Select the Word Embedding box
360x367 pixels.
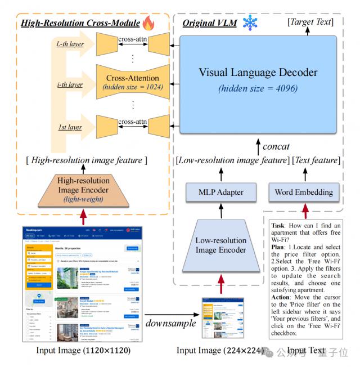click(x=303, y=193)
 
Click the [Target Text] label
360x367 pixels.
click(x=310, y=22)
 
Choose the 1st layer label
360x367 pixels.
click(x=69, y=128)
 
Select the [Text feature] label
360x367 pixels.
click(x=314, y=161)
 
